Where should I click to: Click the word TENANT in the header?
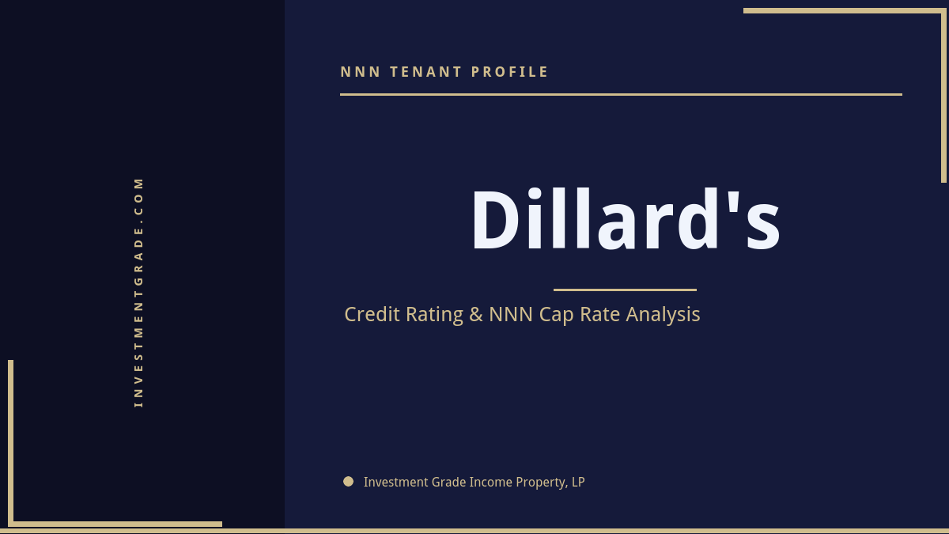[x=425, y=72]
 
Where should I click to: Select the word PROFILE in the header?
[x=510, y=72]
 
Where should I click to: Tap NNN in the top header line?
[x=361, y=72]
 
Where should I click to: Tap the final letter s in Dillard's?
[x=762, y=229]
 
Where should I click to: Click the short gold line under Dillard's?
[x=625, y=290]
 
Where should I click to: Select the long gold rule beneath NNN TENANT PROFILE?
[x=621, y=94]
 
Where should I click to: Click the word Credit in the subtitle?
[x=372, y=314]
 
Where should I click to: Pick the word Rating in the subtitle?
[x=434, y=315]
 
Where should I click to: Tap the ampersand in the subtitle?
[x=475, y=314]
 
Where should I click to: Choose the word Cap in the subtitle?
[x=557, y=315]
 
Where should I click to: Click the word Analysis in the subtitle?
[x=663, y=315]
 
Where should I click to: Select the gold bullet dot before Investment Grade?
[x=348, y=481]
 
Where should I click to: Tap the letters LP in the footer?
[x=577, y=482]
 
